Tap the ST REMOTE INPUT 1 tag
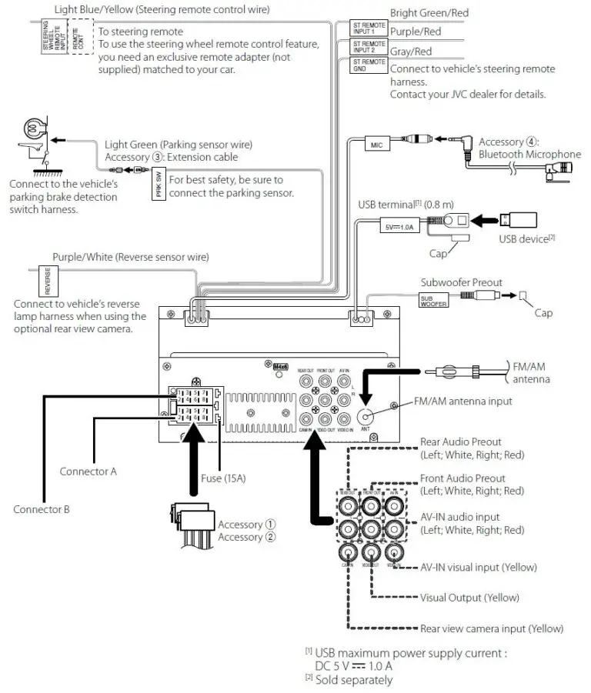click(369, 28)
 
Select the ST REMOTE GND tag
click(369, 65)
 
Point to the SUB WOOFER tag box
click(432, 300)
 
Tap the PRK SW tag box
click(159, 185)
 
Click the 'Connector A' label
click(88, 471)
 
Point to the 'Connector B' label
click(42, 509)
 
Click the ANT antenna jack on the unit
click(366, 415)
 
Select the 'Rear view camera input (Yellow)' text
click(491, 628)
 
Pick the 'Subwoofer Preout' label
click(461, 282)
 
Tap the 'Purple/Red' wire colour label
click(416, 32)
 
